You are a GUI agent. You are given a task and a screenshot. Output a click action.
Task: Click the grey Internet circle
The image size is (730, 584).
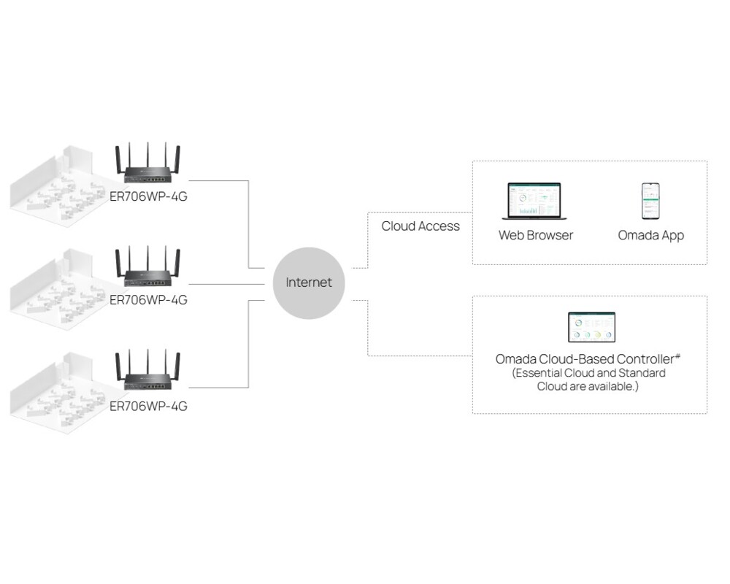coord(308,283)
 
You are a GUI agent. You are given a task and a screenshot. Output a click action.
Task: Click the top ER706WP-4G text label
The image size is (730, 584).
coord(148,196)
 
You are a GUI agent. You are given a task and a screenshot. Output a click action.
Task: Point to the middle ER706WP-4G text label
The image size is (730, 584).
coord(148,299)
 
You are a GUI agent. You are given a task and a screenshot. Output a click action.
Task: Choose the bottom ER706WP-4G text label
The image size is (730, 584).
coord(148,406)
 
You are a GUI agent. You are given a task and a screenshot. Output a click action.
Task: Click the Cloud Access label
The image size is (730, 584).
coord(420,226)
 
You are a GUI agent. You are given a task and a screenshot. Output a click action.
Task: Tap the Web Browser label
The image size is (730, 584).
coord(535,235)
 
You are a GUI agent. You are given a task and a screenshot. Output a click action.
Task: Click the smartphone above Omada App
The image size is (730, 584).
coord(650,201)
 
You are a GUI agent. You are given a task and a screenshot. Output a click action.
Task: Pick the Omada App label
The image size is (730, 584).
coord(650,235)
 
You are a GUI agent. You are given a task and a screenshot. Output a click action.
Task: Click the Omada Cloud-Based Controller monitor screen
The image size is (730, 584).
coord(591,327)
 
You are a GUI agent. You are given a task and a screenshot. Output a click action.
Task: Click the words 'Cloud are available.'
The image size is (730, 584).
coord(588,386)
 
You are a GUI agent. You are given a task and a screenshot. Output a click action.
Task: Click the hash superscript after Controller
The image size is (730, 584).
coord(678,356)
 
